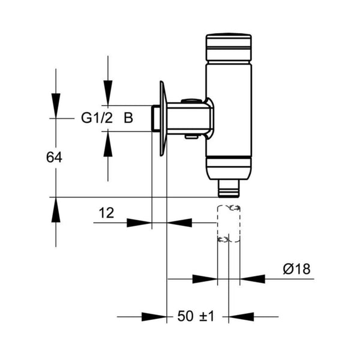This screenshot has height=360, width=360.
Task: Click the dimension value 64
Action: [55, 157]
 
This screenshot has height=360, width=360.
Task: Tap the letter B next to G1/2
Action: [128, 118]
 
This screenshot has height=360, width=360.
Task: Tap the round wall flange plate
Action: [161, 118]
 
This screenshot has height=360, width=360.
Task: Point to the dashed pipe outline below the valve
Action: [229, 223]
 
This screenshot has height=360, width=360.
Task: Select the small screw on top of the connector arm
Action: [191, 102]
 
